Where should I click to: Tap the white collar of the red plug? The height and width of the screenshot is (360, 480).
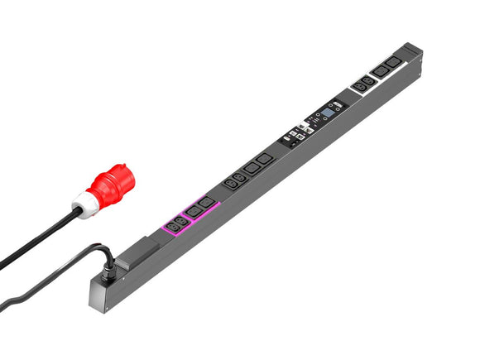86,201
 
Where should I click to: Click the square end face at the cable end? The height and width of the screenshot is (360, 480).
103,295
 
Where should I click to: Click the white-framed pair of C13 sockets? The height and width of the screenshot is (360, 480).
362,83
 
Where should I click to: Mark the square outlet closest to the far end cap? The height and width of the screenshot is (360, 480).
395,64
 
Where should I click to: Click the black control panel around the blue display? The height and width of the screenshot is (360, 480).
319,121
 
